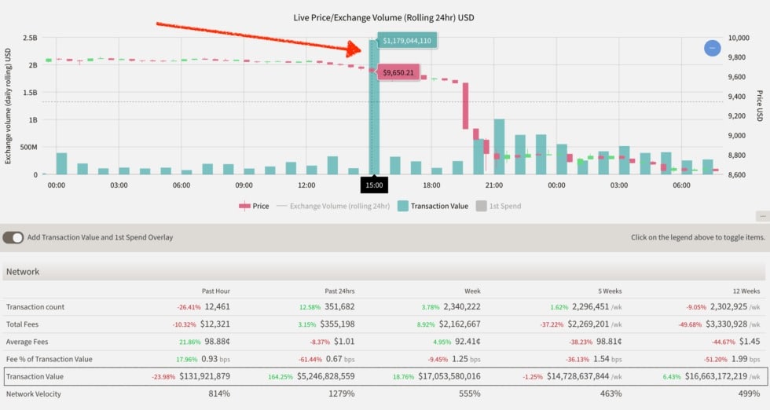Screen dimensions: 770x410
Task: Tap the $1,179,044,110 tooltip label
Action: click(x=407, y=41)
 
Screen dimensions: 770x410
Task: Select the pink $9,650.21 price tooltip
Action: click(x=398, y=73)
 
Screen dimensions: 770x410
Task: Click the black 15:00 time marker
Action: click(x=374, y=185)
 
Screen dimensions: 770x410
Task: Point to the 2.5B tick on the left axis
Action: click(x=30, y=38)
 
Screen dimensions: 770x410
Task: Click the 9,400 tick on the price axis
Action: click(x=737, y=97)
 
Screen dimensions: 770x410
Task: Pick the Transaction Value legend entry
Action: click(x=433, y=207)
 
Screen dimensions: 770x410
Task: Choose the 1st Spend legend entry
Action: click(x=498, y=207)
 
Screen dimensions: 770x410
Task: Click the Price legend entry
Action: click(x=254, y=207)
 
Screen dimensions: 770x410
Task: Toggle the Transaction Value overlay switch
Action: click(x=13, y=238)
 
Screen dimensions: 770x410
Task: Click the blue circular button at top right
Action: click(x=712, y=48)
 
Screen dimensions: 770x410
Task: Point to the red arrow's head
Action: click(x=354, y=49)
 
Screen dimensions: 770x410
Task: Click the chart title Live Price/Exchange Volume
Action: click(x=384, y=18)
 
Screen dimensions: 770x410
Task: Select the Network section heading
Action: click(x=23, y=272)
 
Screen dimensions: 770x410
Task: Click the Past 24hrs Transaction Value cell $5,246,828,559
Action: click(x=325, y=376)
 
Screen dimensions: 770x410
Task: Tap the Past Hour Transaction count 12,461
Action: click(x=217, y=307)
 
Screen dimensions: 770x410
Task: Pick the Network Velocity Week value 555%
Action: click(x=470, y=394)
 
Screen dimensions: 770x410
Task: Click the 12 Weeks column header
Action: click(x=746, y=291)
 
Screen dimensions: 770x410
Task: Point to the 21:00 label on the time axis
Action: click(x=494, y=185)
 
